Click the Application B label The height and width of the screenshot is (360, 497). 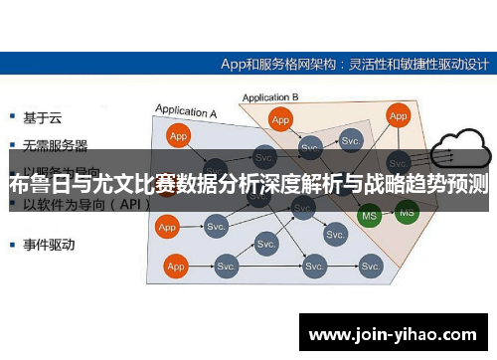[x=269, y=97]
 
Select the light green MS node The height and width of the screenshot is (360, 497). [x=369, y=215]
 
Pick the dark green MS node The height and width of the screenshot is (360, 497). [x=407, y=211]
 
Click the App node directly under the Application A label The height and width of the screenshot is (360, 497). [x=178, y=136]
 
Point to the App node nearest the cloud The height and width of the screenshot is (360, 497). [x=399, y=116]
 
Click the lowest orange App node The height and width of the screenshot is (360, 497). [x=177, y=267]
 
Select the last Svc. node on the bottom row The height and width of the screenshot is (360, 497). [x=371, y=267]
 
